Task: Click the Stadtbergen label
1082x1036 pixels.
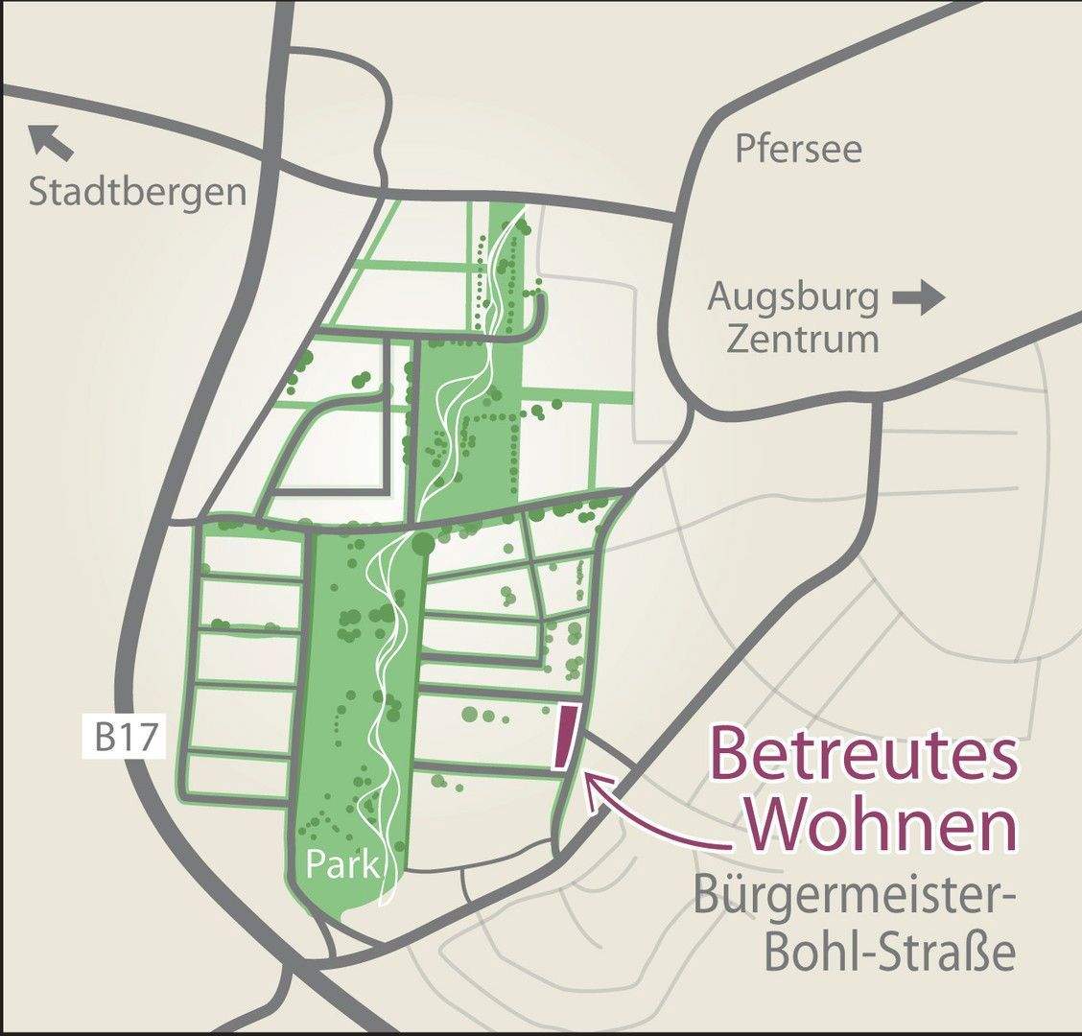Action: pyautogui.click(x=137, y=192)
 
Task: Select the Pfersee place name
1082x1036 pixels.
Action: pyautogui.click(x=798, y=149)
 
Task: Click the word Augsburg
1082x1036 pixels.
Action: pyautogui.click(x=793, y=299)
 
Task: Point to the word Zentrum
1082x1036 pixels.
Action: pyautogui.click(x=802, y=340)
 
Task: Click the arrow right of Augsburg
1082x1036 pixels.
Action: pyautogui.click(x=919, y=299)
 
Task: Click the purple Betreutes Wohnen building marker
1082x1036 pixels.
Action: pyautogui.click(x=566, y=737)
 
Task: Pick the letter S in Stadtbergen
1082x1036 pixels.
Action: pyautogui.click(x=39, y=193)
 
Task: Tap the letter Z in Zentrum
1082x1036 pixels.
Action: pyautogui.click(x=739, y=340)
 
